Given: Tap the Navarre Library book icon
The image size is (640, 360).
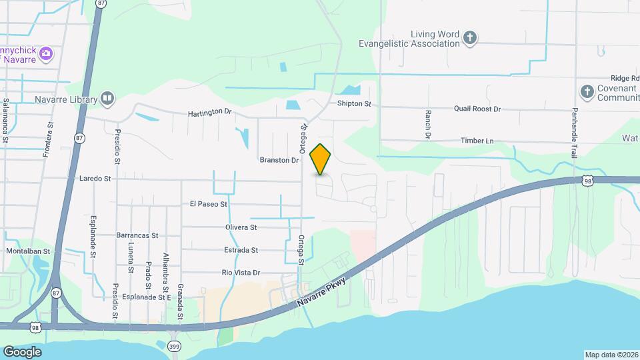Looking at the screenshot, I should click(x=107, y=99).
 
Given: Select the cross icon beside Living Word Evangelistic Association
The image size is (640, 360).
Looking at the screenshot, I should click(x=470, y=38).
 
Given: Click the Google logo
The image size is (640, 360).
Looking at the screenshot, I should click(x=22, y=351).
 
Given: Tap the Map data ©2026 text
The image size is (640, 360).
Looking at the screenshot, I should click(x=611, y=355).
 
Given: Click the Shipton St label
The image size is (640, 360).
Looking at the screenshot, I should click(x=353, y=104).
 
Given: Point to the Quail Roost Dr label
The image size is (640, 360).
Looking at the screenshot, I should click(x=477, y=109).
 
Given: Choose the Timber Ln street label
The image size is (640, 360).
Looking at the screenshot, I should click(x=477, y=141).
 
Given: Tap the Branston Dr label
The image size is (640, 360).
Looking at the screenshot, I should click(x=279, y=160).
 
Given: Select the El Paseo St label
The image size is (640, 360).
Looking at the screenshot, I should click(x=209, y=204).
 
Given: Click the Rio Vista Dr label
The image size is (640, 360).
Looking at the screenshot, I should click(x=240, y=273).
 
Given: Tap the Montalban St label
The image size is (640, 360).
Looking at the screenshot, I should click(x=28, y=251).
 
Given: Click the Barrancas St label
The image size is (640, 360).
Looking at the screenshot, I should click(x=137, y=235).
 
